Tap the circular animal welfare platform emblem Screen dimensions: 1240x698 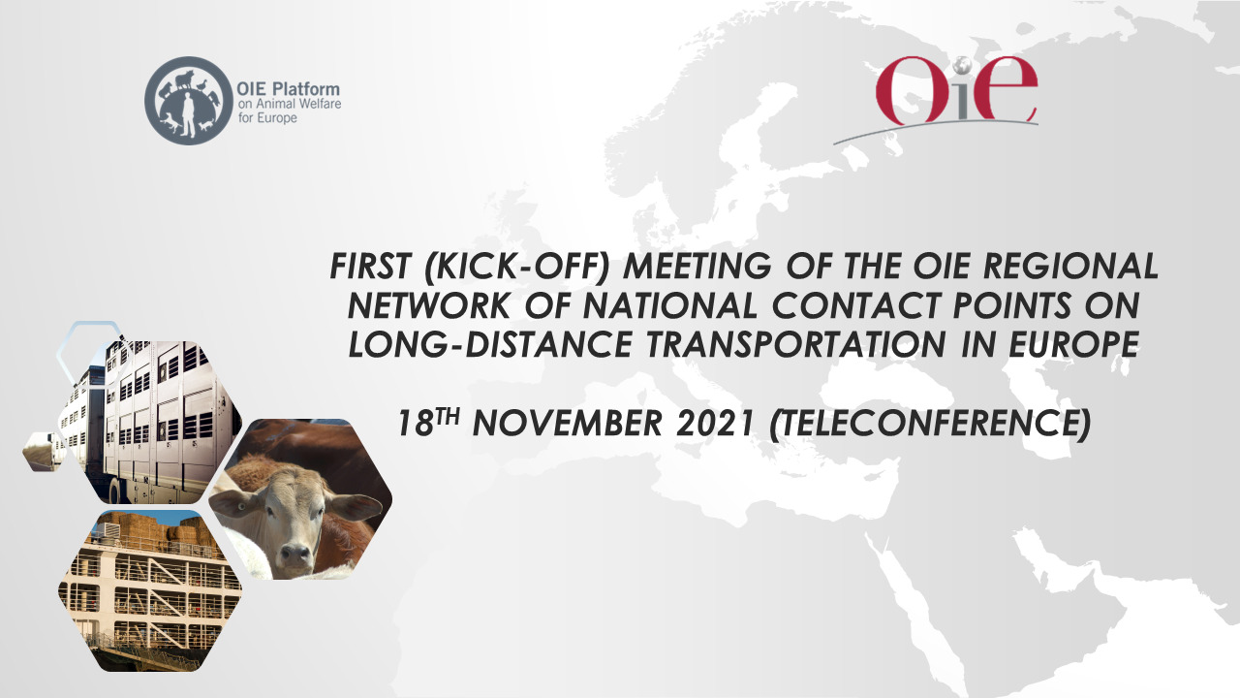(189, 101)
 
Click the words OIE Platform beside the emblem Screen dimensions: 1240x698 (288, 89)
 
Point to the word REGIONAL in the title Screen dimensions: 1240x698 (1071, 266)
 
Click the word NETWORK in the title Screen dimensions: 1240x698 (428, 305)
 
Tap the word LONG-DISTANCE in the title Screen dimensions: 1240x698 (489, 344)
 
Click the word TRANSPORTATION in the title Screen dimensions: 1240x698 (796, 344)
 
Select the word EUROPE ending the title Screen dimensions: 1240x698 (1074, 344)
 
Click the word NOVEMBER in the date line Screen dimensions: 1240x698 (568, 424)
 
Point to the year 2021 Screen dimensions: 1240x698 (715, 424)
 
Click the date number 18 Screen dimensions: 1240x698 (416, 424)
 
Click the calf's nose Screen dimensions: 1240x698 (295, 554)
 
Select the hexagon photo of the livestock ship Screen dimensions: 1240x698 (150, 591)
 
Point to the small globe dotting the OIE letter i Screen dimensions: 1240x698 (963, 66)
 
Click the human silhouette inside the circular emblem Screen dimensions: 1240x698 (189, 114)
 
